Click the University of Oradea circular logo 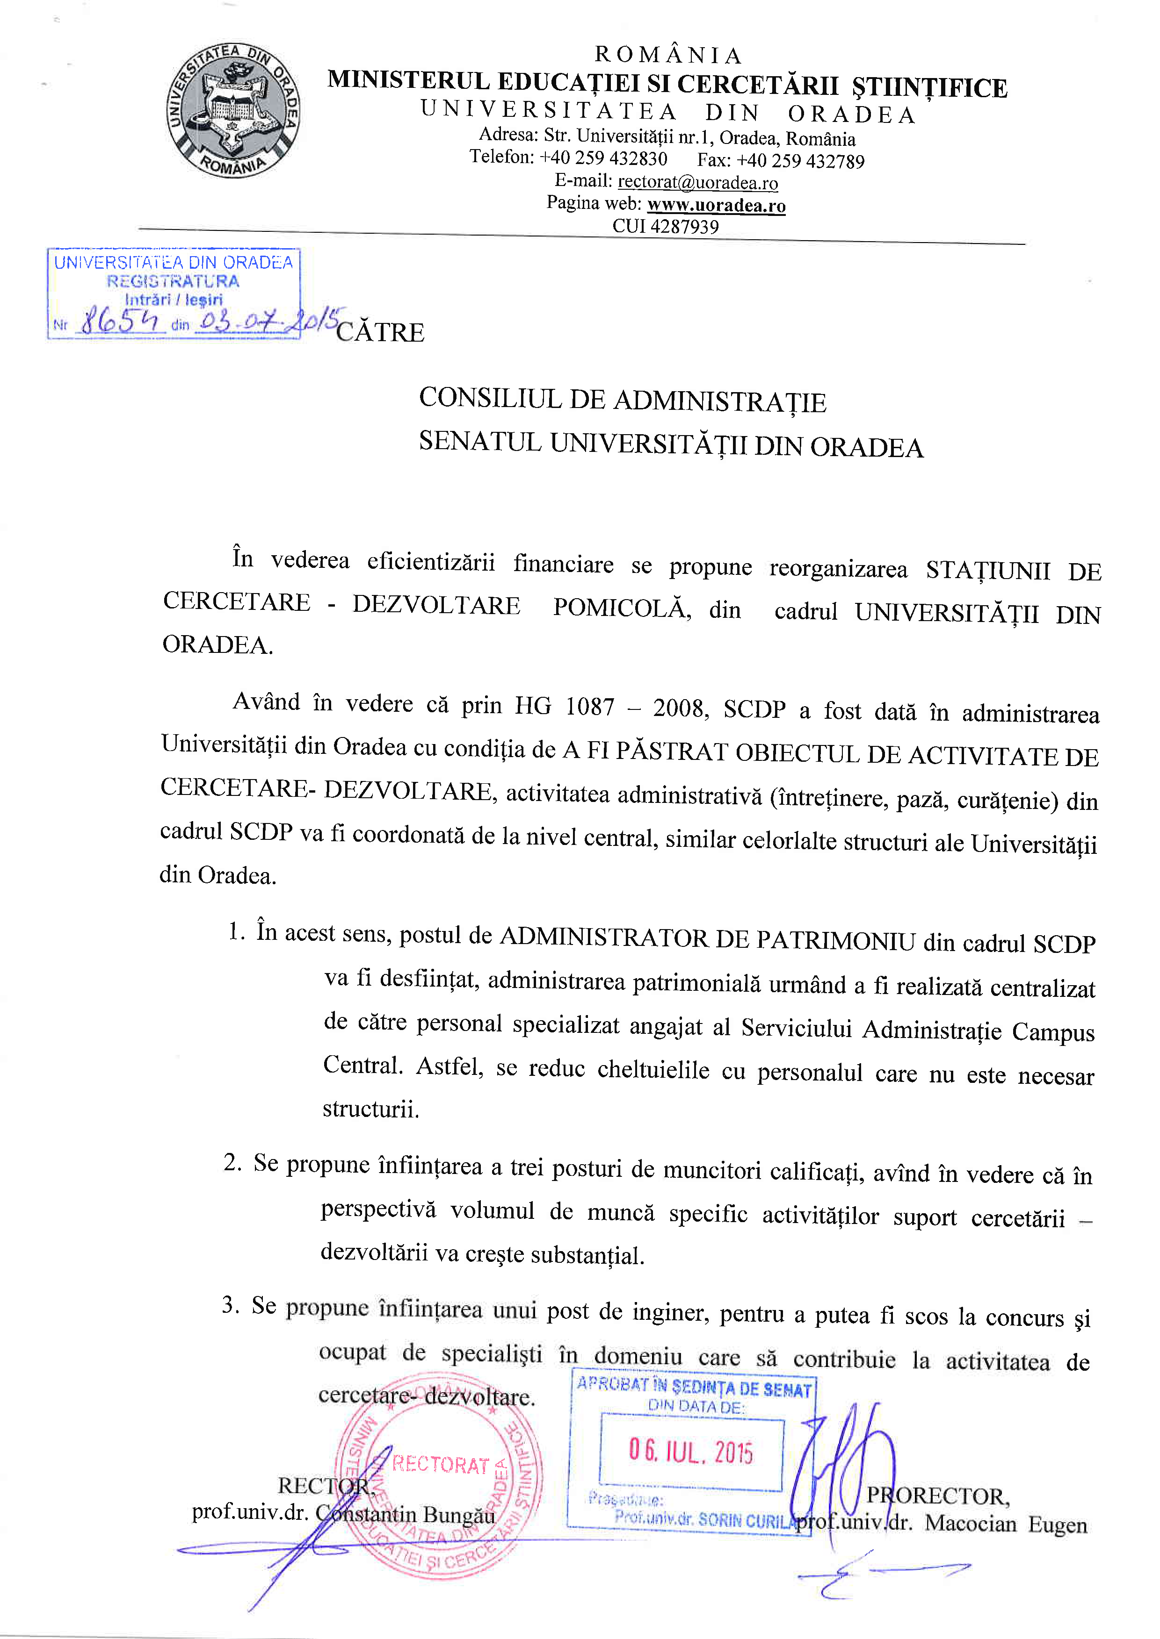coord(233,111)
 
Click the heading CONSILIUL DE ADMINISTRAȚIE coord(622,401)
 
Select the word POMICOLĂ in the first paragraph coord(621,608)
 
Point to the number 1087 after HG coord(589,707)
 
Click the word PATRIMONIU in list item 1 coord(835,941)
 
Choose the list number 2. coord(232,1162)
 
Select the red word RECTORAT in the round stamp coord(440,1464)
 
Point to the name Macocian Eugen coord(1006,1524)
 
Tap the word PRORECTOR coord(937,1496)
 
